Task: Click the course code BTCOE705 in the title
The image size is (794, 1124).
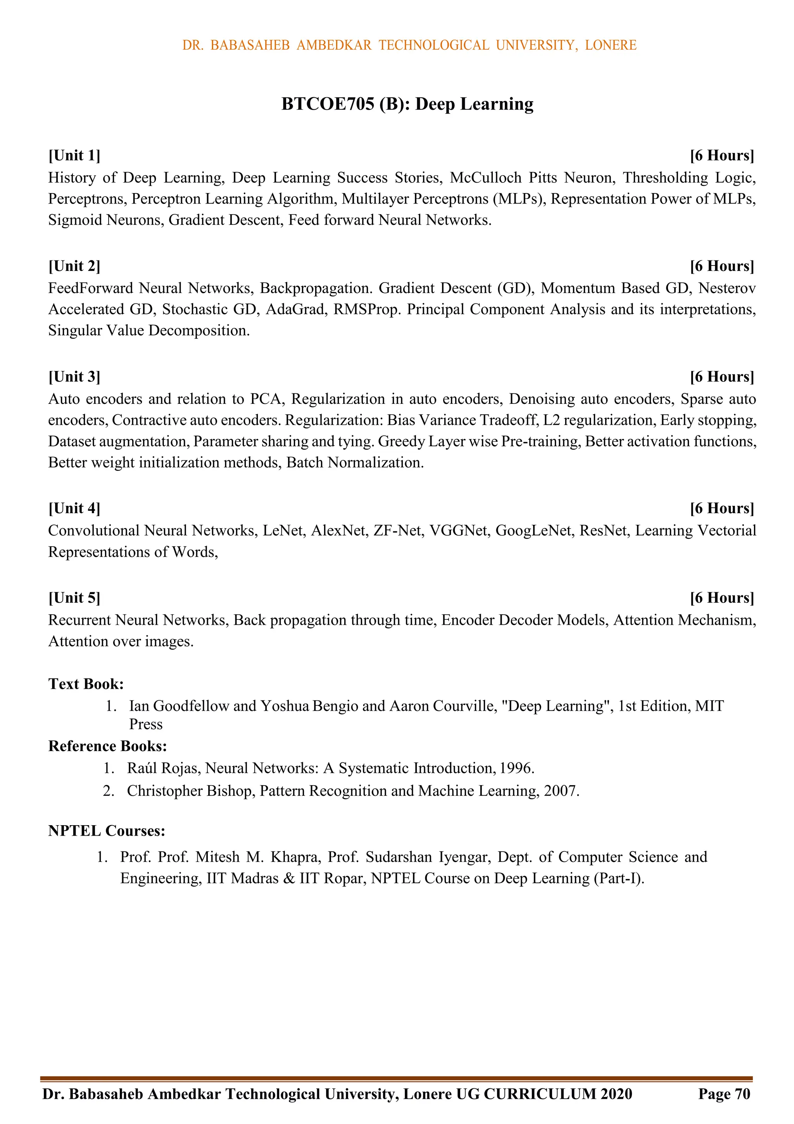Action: pyautogui.click(x=328, y=104)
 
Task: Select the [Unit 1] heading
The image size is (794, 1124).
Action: pyautogui.click(x=74, y=156)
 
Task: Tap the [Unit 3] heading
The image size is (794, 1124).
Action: pyautogui.click(x=74, y=377)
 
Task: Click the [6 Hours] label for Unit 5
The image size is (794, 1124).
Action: pyautogui.click(x=722, y=598)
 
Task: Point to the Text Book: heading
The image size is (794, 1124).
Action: pyautogui.click(x=86, y=684)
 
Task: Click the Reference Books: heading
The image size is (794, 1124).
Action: pyautogui.click(x=108, y=746)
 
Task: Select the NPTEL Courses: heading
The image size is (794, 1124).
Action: pyautogui.click(x=107, y=831)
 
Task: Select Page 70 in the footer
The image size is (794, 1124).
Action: pyautogui.click(x=724, y=1094)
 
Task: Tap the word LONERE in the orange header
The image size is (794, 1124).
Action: pyautogui.click(x=610, y=45)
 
